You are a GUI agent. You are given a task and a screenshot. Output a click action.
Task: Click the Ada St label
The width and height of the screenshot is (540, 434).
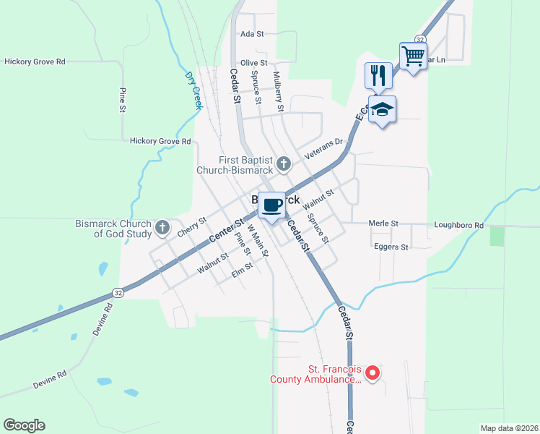tap(253, 34)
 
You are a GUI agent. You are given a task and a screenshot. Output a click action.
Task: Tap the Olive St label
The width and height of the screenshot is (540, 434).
tap(253, 63)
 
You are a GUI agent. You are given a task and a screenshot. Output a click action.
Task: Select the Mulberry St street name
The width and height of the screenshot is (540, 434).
tap(278, 90)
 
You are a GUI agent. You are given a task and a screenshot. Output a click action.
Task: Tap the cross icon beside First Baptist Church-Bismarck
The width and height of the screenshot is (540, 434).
tap(284, 163)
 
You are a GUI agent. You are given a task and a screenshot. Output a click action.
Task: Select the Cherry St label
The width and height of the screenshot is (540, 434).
tap(192, 225)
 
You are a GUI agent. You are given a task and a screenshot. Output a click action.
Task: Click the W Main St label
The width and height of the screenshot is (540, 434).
tap(257, 241)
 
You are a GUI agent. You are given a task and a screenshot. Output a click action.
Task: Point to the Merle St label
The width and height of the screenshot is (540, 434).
tap(383, 224)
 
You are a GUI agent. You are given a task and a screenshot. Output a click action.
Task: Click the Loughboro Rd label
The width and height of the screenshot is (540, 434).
tap(458, 225)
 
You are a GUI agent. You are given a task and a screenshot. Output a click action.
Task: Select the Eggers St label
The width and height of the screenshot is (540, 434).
tap(391, 247)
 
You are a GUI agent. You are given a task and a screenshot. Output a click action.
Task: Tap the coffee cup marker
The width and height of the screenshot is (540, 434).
tap(272, 205)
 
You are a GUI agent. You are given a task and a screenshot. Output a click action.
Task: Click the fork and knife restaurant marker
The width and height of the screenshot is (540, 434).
tap(378, 75)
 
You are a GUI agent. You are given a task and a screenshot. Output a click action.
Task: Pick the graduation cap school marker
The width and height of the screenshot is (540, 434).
tap(382, 109)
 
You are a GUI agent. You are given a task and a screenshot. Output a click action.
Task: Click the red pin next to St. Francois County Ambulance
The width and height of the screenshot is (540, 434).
tap(373, 373)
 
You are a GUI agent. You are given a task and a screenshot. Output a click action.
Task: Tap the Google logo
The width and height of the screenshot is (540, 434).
tap(24, 425)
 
